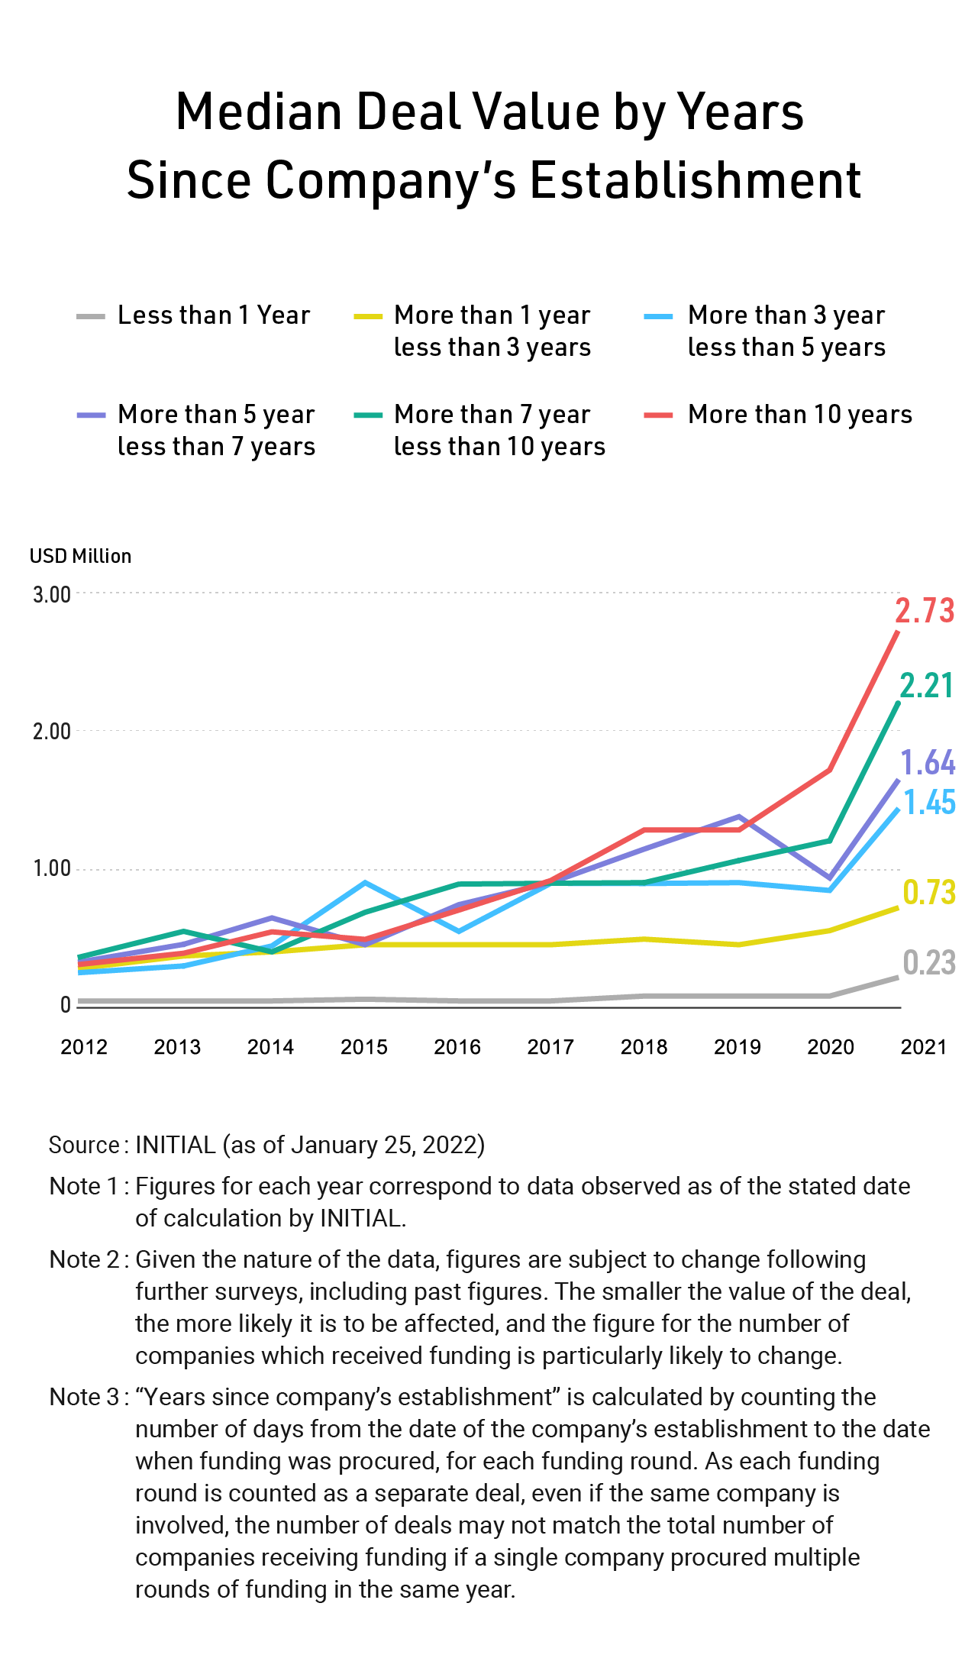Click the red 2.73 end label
925,611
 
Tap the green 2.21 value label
926,686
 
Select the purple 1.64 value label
928,763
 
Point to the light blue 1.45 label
929,803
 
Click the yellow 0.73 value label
929,892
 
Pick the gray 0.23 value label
929,963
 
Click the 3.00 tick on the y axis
51,594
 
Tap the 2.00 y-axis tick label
51,732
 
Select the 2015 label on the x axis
364,1047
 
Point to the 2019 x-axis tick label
738,1047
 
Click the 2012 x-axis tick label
84,1047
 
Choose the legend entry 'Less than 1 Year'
213,315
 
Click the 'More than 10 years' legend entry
799,415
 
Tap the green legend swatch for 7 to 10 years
368,415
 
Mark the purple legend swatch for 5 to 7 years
91,415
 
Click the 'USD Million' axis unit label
80,556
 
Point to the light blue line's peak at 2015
366,884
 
